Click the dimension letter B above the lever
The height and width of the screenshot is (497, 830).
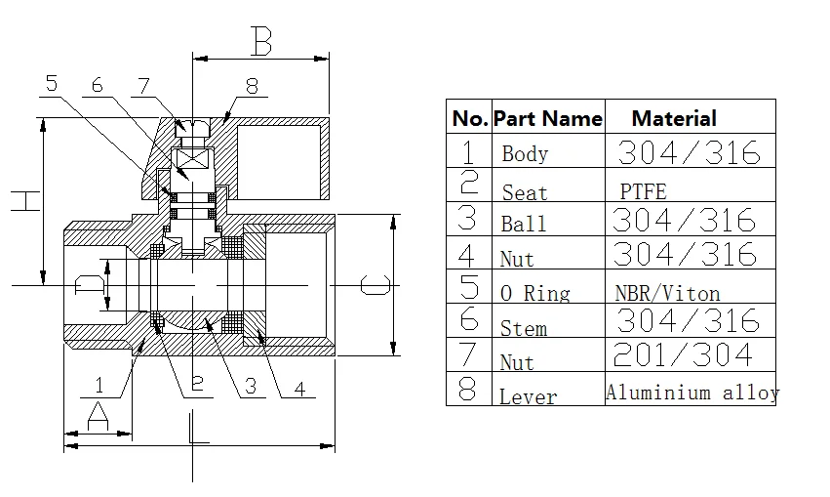tap(261, 41)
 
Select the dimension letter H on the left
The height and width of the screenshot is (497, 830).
tap(25, 201)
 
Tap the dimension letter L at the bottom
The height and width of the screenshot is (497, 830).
tap(199, 427)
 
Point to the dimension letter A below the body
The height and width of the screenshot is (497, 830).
tap(98, 416)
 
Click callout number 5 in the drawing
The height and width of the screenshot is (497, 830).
tap(52, 83)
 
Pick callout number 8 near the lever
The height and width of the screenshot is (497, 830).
tap(252, 86)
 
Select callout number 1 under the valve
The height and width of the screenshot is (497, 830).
tap(99, 385)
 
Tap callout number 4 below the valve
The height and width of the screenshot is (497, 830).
tap(300, 389)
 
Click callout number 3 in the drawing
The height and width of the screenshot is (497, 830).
tap(251, 387)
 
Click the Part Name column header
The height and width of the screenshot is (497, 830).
tap(548, 119)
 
